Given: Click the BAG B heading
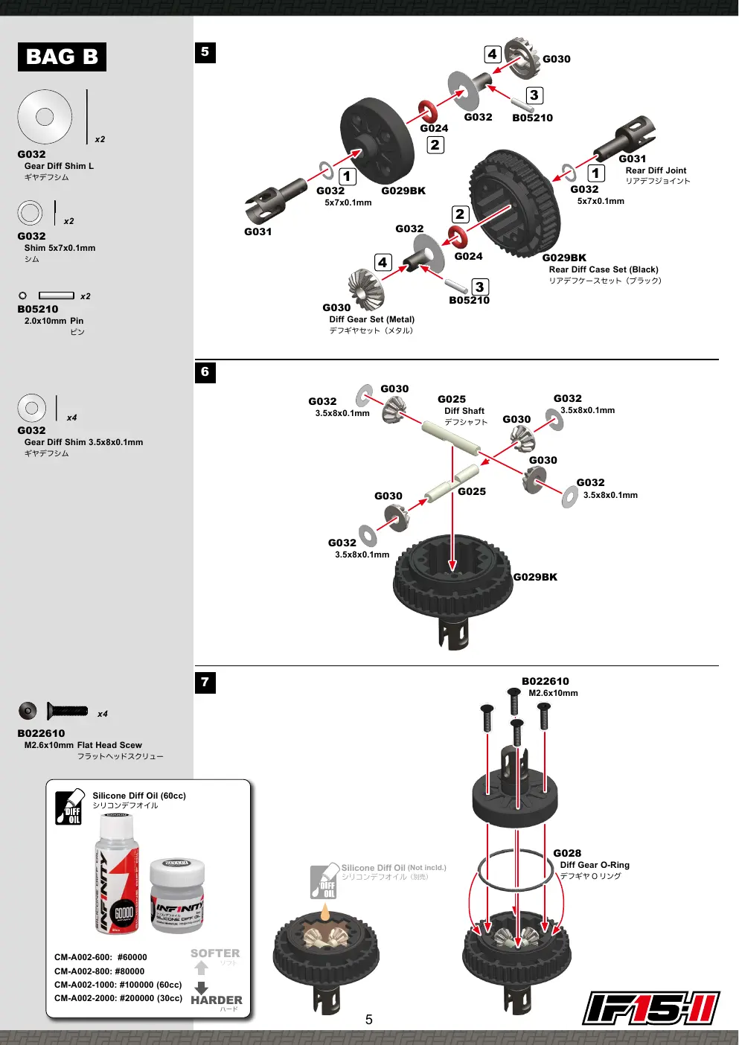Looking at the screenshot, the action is point(62,57).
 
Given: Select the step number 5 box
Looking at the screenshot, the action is point(205,52).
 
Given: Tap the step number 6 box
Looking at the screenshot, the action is point(205,372).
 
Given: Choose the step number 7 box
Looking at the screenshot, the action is point(205,683).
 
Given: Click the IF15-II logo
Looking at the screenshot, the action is point(651,1008).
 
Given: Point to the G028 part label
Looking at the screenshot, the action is point(567,853).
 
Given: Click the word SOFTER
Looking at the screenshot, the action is point(215,953).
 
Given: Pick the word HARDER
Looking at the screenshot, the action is point(217,1000).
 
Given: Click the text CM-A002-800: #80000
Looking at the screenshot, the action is point(100,971).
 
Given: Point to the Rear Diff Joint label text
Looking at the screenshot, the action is point(656,170).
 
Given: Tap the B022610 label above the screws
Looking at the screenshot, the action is point(545,681).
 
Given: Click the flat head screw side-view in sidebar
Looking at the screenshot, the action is point(67,711).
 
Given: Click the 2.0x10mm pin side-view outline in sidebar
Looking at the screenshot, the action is point(56,295).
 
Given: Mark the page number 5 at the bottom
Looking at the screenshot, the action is point(368,1020).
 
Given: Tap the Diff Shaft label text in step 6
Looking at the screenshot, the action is point(464,411).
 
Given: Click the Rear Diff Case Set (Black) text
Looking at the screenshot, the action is point(604,269).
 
